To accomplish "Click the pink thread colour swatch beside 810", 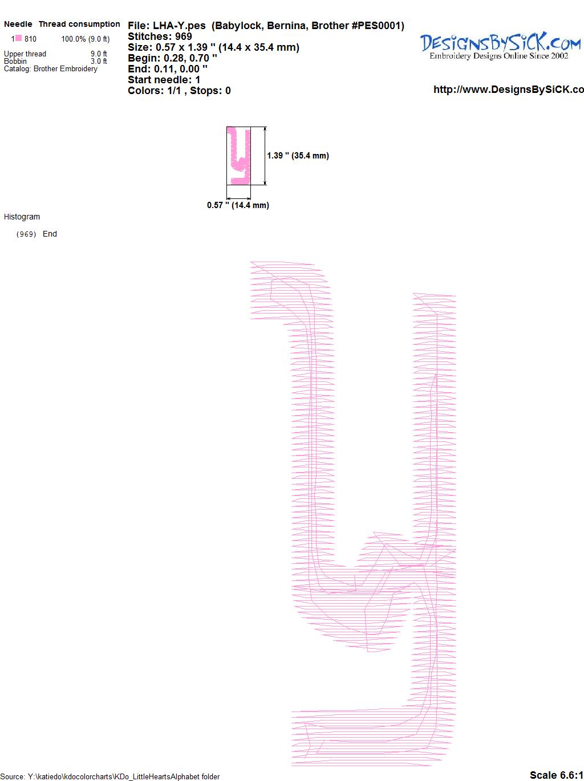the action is pyautogui.click(x=18, y=38).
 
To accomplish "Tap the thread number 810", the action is pyautogui.click(x=30, y=39).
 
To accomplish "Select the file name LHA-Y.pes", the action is pyautogui.click(x=179, y=26).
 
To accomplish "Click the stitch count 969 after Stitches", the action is pyautogui.click(x=183, y=36).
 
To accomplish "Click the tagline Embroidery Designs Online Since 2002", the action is pyautogui.click(x=498, y=56).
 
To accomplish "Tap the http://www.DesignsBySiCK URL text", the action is pyautogui.click(x=508, y=90).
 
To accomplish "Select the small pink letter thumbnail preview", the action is pyautogui.click(x=238, y=156).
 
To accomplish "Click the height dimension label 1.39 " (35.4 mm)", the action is pyautogui.click(x=298, y=156).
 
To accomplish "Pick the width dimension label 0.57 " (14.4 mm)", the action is pyautogui.click(x=238, y=205).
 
